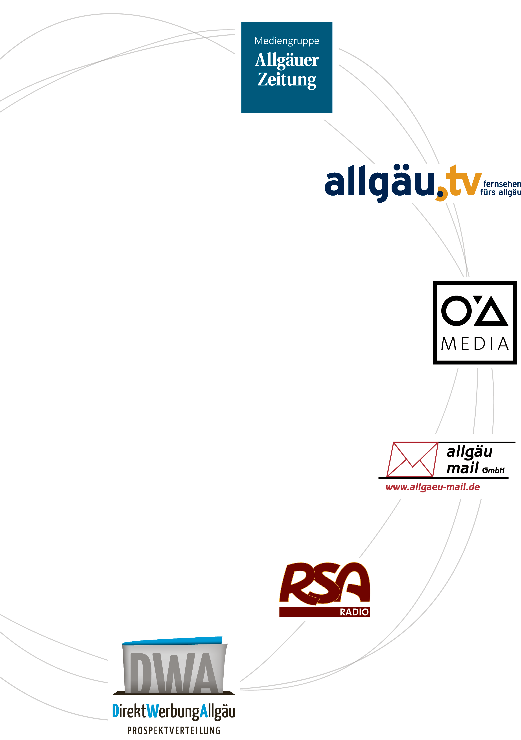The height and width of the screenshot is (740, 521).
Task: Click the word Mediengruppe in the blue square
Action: click(286, 41)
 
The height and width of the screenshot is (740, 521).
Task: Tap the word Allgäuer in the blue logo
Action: click(287, 60)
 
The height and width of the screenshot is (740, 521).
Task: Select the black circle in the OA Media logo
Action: click(457, 311)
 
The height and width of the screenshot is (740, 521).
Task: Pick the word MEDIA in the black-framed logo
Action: click(475, 344)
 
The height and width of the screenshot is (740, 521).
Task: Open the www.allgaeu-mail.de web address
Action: click(433, 487)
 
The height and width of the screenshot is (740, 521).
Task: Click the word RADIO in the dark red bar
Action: click(354, 612)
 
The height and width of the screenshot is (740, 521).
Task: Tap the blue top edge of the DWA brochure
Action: click(172, 641)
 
